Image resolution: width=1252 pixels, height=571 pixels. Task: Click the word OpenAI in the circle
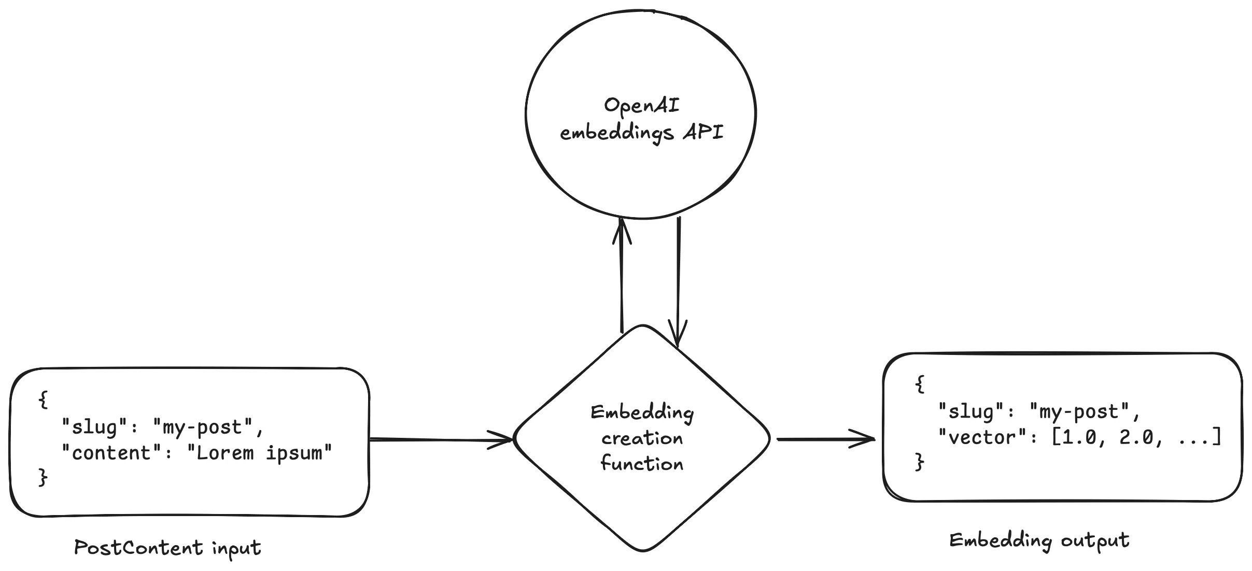641,106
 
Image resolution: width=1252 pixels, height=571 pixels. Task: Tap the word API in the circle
702,133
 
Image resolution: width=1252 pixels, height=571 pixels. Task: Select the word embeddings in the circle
617,133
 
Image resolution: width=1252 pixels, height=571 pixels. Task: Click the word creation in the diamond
642,439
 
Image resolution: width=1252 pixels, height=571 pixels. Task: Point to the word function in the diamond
642,464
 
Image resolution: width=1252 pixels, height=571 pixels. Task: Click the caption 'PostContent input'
167,548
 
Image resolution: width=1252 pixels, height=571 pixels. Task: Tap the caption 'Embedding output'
1039,541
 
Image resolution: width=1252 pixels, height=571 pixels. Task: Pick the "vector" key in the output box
982,437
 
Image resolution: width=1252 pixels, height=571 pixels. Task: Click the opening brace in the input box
44,400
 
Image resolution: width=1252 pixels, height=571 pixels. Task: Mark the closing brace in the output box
920,462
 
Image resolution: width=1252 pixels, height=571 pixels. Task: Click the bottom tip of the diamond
643,549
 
